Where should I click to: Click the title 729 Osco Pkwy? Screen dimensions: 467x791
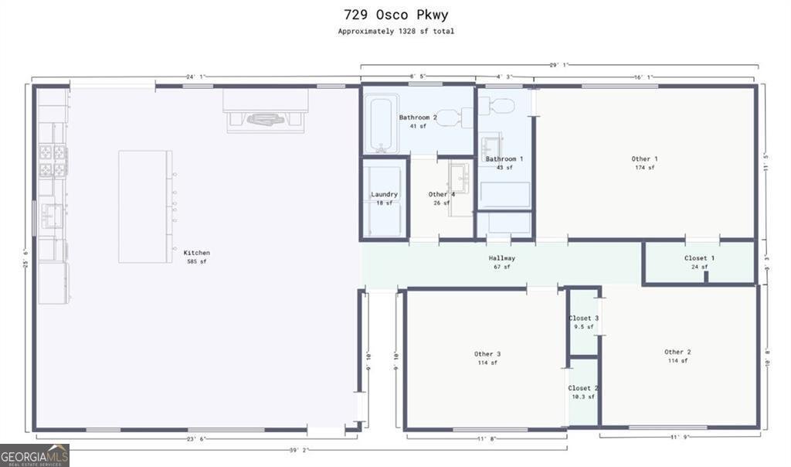pos(395,15)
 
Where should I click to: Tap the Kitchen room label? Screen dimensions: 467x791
pos(196,253)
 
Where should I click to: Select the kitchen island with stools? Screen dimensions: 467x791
pos(145,206)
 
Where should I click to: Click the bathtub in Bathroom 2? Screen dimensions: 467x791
pos(381,124)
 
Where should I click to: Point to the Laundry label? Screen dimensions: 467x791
pos(384,194)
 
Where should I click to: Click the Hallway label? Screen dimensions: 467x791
pos(502,258)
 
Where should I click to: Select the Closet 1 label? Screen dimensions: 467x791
pos(699,258)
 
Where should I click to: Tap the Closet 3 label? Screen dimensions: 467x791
pos(584,318)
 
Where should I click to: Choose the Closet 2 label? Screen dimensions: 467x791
pos(584,388)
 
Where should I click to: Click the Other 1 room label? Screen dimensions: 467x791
pos(645,159)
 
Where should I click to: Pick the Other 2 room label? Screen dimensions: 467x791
pos(677,352)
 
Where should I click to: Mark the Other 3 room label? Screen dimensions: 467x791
pos(487,354)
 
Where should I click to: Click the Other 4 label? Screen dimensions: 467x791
pos(442,194)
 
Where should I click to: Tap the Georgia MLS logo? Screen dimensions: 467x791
pos(35,455)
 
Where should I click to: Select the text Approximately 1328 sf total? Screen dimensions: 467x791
pos(395,32)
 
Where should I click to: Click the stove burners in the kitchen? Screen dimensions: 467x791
pos(53,160)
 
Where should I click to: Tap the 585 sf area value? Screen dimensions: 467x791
pos(196,262)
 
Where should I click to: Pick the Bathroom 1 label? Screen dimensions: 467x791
pos(504,159)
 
